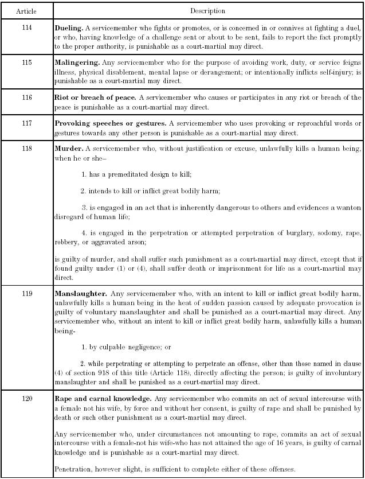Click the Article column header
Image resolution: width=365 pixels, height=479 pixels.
(26, 11)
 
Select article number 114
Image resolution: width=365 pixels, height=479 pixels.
(26, 28)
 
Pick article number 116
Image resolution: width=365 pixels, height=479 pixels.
(26, 98)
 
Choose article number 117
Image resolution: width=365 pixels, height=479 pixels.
(26, 123)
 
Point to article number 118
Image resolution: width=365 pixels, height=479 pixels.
(26, 149)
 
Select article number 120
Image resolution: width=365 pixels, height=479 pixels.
(26, 398)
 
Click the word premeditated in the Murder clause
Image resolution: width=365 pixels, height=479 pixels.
(125, 174)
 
